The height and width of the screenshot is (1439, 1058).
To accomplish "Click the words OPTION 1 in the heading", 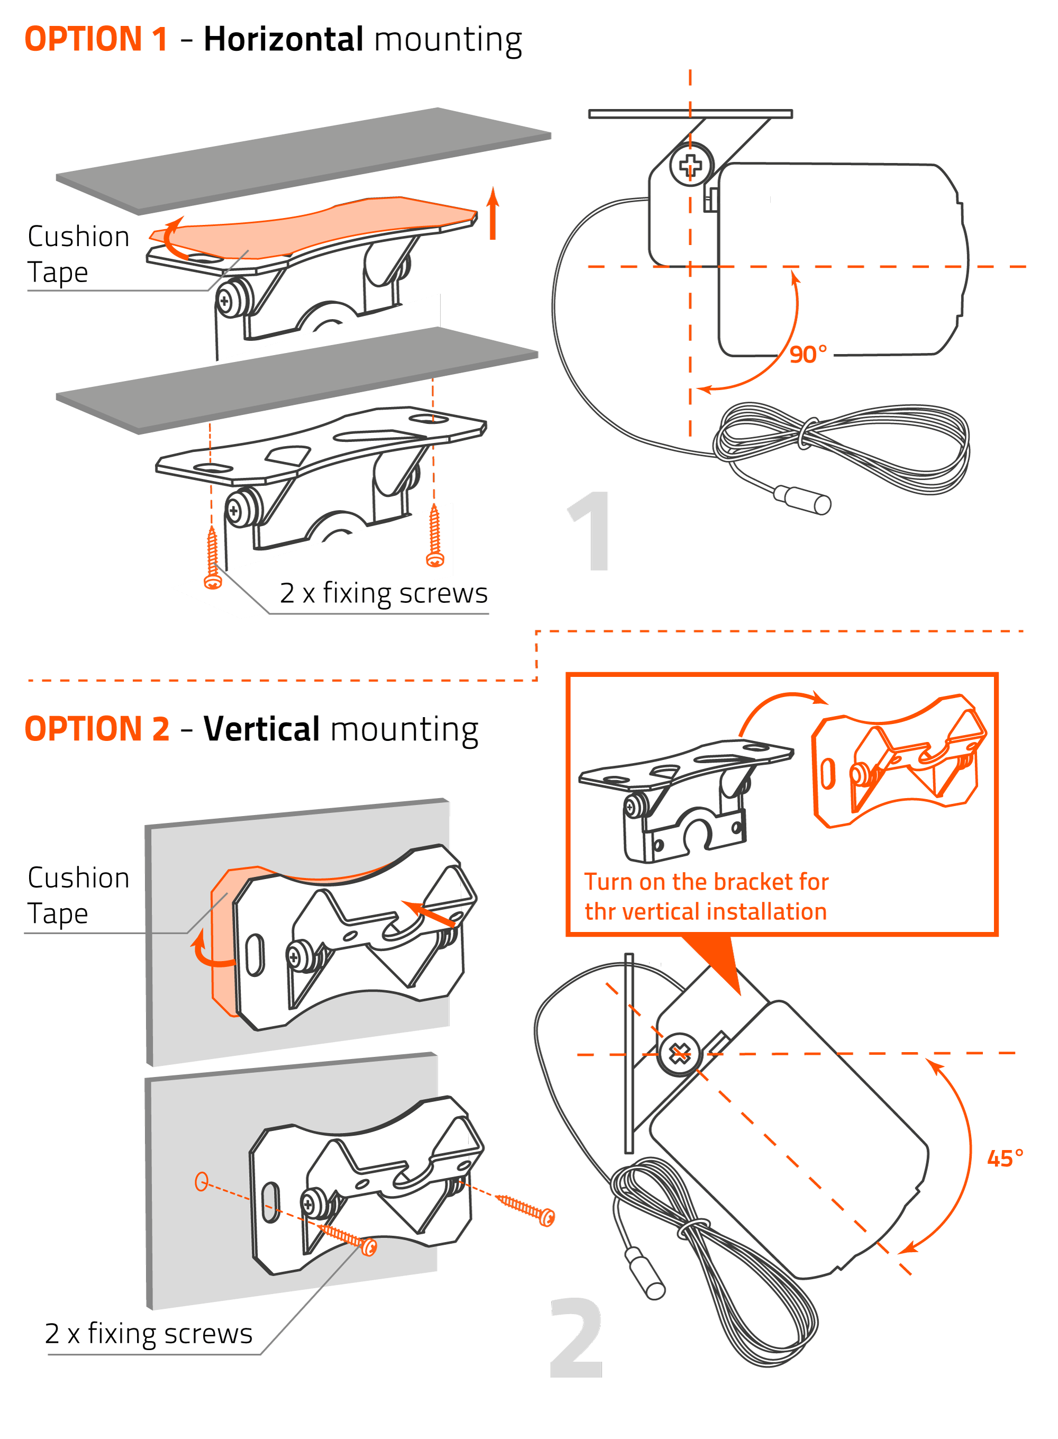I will click(96, 39).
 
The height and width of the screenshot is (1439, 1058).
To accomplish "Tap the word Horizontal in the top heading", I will click(284, 39).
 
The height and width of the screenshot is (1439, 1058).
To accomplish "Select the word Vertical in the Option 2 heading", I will click(261, 729).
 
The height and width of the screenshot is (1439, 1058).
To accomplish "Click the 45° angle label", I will click(1004, 1159).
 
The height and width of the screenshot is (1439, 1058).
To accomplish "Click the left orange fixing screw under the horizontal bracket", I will click(213, 558).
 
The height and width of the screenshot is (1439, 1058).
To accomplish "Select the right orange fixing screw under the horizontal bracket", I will click(435, 536).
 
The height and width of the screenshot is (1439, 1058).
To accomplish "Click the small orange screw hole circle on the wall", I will click(201, 1181).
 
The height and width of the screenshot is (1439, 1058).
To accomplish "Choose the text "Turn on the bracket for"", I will click(706, 882).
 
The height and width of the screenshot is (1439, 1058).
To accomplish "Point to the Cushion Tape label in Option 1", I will click(78, 254).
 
